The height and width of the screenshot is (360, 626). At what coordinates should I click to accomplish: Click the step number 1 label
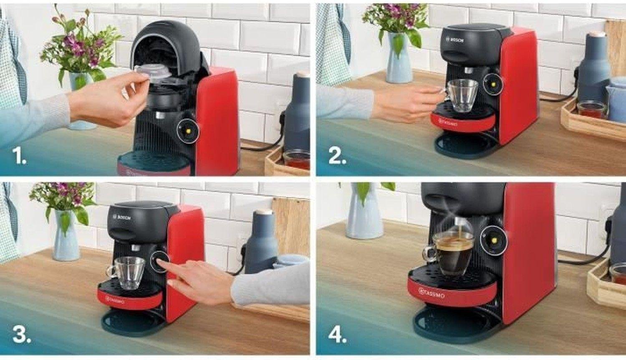(x=20, y=156)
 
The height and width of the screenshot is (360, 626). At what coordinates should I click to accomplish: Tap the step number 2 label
(x=337, y=156)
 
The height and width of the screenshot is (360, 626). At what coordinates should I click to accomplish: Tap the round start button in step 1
(x=188, y=130)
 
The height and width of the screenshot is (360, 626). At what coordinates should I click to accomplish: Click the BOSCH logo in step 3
(x=122, y=217)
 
